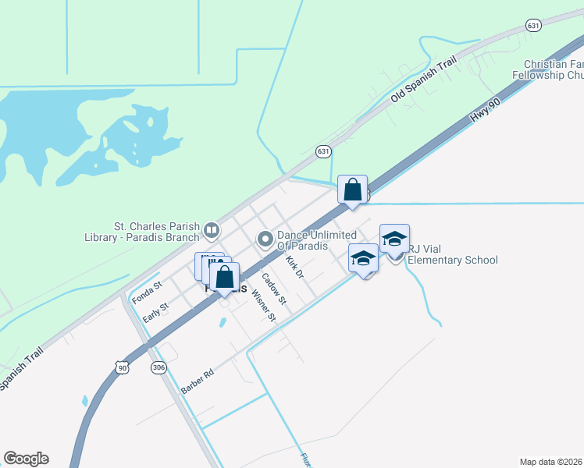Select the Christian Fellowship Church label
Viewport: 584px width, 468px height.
coord(554,70)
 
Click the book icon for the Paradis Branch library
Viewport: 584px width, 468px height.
coord(211,230)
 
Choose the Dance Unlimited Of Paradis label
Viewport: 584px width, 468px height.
coord(317,240)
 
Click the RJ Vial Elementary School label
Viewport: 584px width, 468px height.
coord(452,254)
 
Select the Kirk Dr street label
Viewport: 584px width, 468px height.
coord(294,267)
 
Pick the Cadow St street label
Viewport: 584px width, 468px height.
coord(274,288)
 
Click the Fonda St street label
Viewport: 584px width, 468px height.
coord(146,292)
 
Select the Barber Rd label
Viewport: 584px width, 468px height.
coord(197,381)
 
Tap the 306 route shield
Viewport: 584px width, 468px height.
coord(159,368)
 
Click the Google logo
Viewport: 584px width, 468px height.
coord(26,459)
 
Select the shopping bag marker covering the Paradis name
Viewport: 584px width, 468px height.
coord(224,278)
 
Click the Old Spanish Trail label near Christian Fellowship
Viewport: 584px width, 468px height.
coord(422,83)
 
